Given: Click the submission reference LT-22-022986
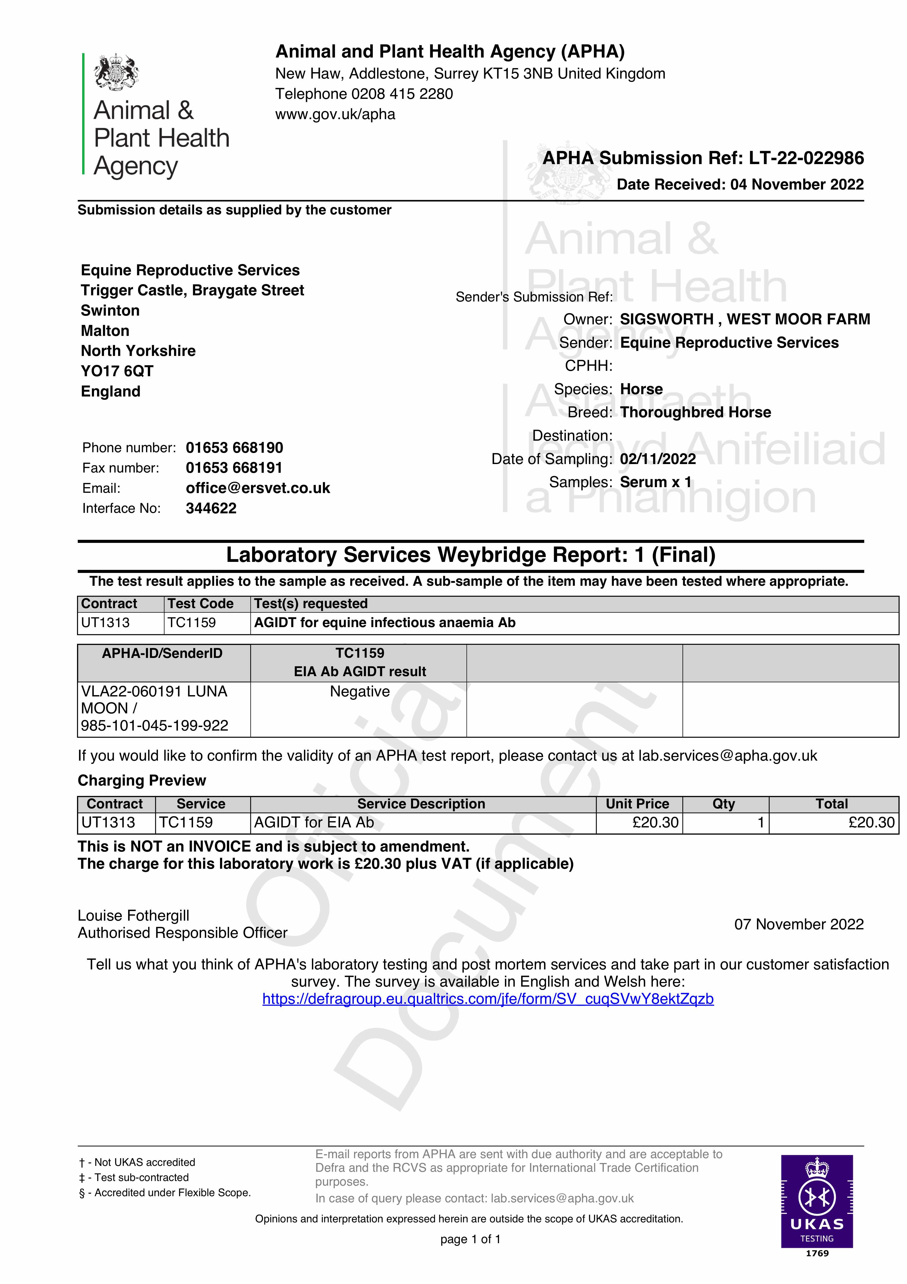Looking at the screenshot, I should click(x=806, y=158).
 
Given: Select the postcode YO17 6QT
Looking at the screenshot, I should click(x=117, y=371).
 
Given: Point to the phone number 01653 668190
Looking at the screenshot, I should click(x=234, y=448).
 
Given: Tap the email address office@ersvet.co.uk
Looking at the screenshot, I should click(x=258, y=488).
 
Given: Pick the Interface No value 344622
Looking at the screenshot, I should click(x=211, y=508).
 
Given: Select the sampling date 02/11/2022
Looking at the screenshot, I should click(x=658, y=459).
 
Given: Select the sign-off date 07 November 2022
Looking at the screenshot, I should click(x=798, y=924).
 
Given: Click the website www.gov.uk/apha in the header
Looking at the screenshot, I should click(x=335, y=115).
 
